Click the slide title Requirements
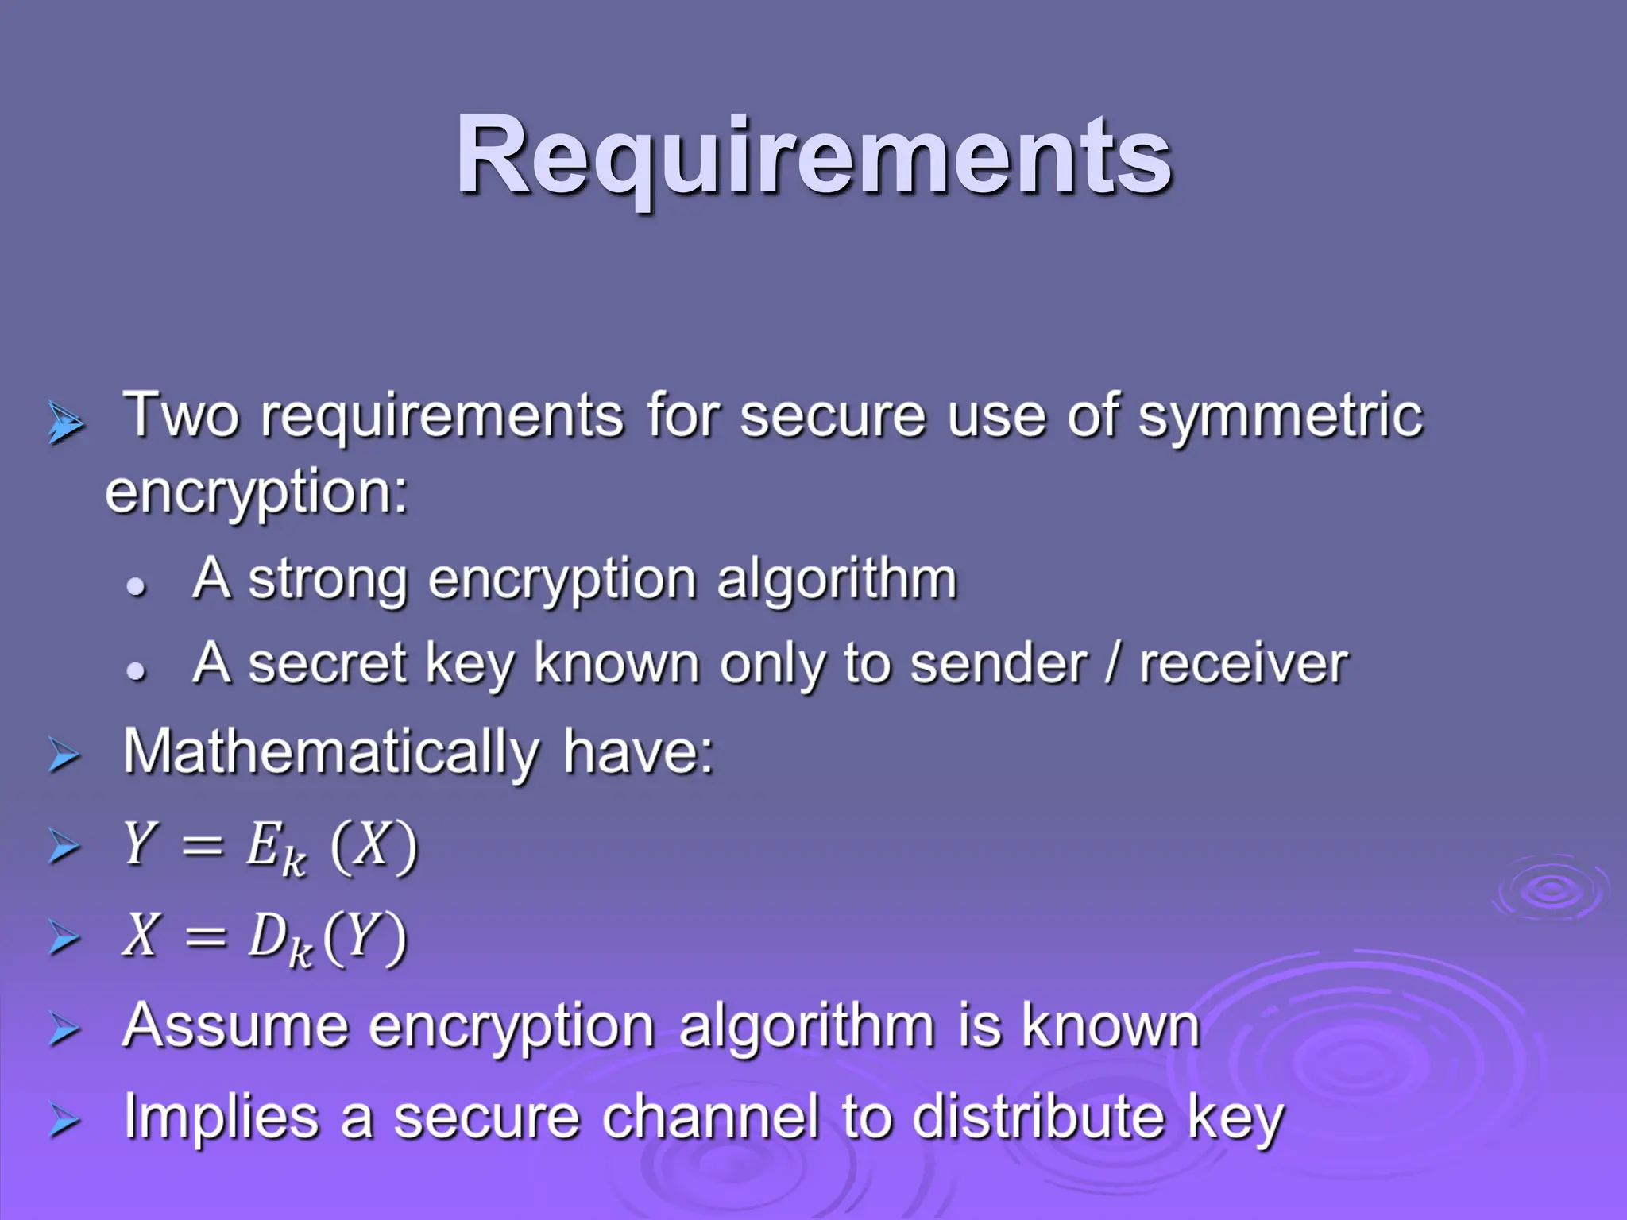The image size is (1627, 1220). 813,155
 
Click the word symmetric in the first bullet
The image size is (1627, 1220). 1280,416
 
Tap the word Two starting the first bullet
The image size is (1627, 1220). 182,415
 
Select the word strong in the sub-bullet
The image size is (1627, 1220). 327,580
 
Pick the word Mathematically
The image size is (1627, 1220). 330,752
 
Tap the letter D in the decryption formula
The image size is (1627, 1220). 265,935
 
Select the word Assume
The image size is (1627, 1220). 235,1025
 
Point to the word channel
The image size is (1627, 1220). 710,1118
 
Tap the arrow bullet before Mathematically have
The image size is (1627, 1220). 64,755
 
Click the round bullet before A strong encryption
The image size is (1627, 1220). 137,587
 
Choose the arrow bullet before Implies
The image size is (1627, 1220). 64,1121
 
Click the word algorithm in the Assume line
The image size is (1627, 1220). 806,1027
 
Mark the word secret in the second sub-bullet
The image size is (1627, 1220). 327,664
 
